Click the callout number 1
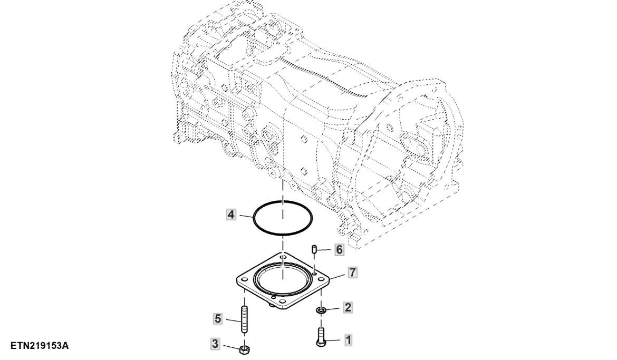coord(348,339)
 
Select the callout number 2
coord(348,307)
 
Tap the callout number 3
coord(215,344)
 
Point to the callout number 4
coord(231,215)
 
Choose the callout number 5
coord(218,318)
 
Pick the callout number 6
coord(339,249)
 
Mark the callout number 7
coord(353,271)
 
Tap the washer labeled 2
coord(321,311)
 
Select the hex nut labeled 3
coord(244,349)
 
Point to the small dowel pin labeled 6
coord(314,249)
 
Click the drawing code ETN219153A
coord(40,346)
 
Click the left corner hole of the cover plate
coord(244,279)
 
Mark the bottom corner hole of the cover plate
coord(282,302)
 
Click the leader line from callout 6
coord(326,250)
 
